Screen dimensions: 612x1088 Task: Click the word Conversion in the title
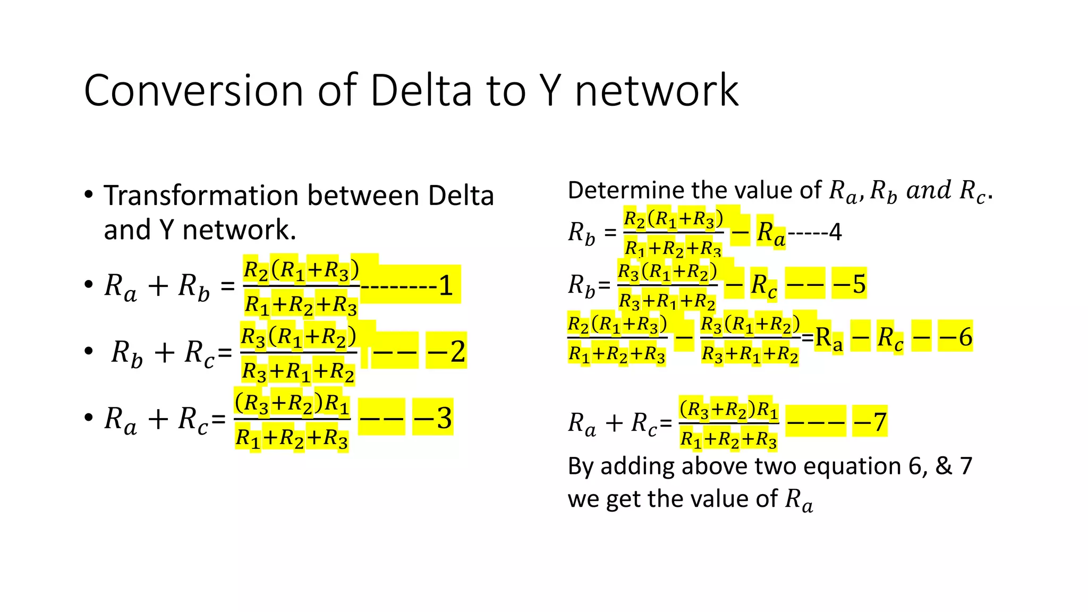(193, 91)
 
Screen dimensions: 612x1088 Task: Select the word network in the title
(657, 91)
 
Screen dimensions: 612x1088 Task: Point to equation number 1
(445, 286)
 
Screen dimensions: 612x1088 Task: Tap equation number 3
(444, 418)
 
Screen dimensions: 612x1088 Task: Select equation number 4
(836, 232)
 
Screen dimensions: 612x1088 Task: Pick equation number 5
(859, 284)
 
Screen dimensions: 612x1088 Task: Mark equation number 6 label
(965, 337)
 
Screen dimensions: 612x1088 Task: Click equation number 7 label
(880, 422)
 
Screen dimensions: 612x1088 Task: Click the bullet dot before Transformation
(89, 194)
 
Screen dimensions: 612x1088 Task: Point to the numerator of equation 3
(292, 404)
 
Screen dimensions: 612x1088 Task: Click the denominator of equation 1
(301, 305)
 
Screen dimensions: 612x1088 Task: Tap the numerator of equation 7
(729, 410)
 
